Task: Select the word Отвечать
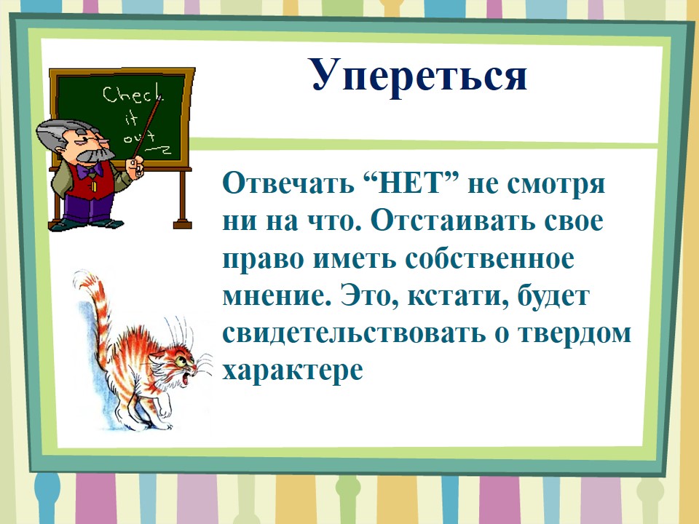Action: [x=288, y=183]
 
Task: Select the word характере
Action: [x=293, y=370]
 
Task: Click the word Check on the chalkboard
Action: [x=133, y=95]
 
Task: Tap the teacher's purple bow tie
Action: [x=89, y=170]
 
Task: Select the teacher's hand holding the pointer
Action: [x=135, y=167]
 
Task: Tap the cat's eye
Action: [x=181, y=359]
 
